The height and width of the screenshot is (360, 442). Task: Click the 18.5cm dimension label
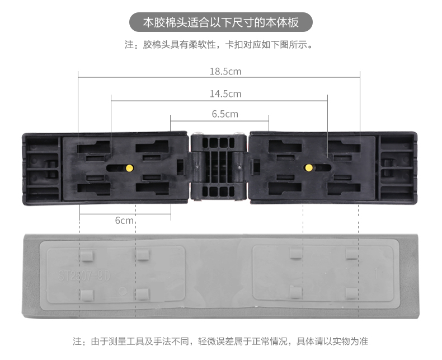tap(225, 72)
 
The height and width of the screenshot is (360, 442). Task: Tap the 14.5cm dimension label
tap(225, 93)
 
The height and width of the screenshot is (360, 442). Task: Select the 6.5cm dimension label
tap(224, 114)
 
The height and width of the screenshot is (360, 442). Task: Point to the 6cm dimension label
tap(124, 220)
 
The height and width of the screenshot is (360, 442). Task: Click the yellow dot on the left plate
tap(130, 167)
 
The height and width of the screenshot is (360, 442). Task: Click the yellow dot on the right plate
tap(308, 167)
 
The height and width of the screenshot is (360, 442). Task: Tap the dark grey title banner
tap(220, 23)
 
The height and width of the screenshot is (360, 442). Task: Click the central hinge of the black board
tap(219, 166)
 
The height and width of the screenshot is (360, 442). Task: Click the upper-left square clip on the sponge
tap(87, 256)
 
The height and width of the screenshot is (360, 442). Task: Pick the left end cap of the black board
tap(42, 166)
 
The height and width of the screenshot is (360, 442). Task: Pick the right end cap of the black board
tap(398, 166)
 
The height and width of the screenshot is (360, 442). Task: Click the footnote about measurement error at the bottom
tap(220, 341)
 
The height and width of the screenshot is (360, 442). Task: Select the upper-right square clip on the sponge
tap(351, 255)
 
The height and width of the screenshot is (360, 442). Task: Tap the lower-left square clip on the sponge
tap(87, 293)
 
